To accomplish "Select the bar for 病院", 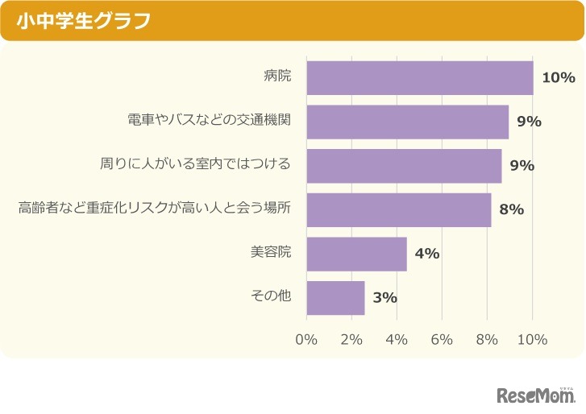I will (x=419, y=78).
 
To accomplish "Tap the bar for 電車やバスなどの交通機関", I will (x=407, y=122).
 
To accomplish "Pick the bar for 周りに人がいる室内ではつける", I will (x=404, y=166).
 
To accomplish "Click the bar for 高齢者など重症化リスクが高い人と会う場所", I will (x=398, y=209).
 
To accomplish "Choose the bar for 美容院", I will (x=356, y=254).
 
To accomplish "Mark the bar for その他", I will (x=335, y=297).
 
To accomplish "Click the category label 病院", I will (x=276, y=77).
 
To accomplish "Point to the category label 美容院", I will (x=270, y=253).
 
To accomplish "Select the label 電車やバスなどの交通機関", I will (x=209, y=121).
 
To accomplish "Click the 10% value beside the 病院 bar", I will (x=558, y=78).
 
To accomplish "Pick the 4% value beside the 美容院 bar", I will (x=426, y=254).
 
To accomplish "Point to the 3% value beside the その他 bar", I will (x=384, y=298).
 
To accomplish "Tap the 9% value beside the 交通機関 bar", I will (x=529, y=122).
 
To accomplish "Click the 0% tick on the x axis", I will (x=306, y=340).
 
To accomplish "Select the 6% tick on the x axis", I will (x=442, y=340).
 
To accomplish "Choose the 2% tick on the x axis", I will (x=351, y=340).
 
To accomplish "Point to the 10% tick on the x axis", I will (x=532, y=340).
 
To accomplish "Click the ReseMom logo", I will (x=535, y=395).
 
